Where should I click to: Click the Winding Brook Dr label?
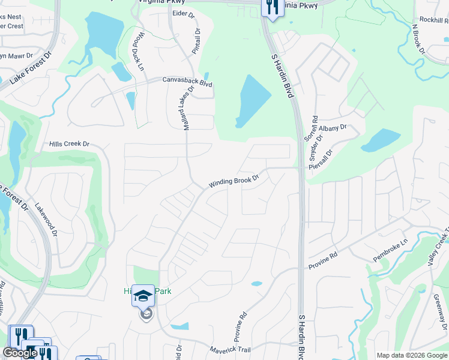pos(234,181)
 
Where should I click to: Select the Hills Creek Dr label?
pos(69,144)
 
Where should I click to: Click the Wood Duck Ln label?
pos(138,52)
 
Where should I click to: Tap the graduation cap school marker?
pos(143,296)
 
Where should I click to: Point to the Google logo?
pos(19,353)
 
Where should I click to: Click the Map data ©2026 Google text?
pos(412,355)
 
